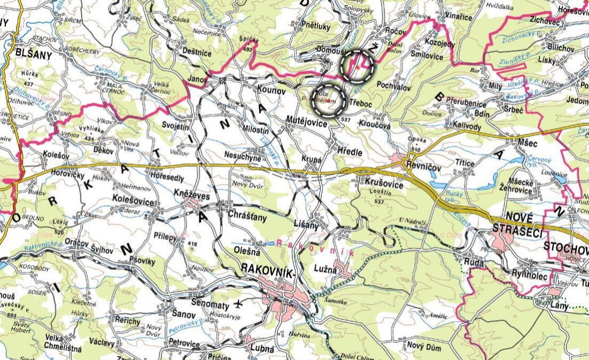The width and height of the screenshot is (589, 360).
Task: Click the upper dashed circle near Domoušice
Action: pyautogui.click(x=356, y=65)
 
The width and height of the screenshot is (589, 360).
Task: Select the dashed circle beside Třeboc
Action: pyautogui.click(x=327, y=100)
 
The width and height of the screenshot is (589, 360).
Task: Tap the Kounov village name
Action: pyautogui.click(x=271, y=91)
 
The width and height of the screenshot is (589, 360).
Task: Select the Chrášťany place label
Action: pyautogui.click(x=247, y=218)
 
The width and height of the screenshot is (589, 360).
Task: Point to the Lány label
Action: pyautogui.click(x=557, y=305)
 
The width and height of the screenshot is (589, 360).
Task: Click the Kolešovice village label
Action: pyautogui.click(x=134, y=202)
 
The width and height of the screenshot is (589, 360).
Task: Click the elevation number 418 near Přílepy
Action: pyautogui.click(x=193, y=245)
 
